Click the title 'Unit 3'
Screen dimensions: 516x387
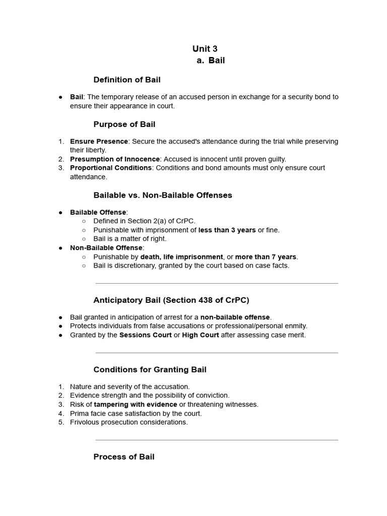coord(205,49)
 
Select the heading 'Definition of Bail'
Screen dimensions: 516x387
coord(127,80)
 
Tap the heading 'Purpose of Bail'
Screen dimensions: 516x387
coord(124,124)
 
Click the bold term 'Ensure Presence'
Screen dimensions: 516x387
coord(99,141)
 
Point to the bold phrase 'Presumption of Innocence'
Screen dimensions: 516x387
coord(115,159)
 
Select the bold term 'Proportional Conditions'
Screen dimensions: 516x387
coord(111,168)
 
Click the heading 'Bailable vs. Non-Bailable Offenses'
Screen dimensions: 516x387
coord(163,195)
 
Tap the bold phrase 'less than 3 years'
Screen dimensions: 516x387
coord(227,230)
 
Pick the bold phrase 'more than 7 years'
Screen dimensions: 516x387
coord(266,256)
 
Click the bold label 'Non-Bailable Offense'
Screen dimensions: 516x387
coord(106,247)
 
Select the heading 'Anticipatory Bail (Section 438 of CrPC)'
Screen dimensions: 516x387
coord(171,300)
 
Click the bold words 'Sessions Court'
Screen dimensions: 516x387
coord(145,335)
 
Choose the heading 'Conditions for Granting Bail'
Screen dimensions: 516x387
coord(150,370)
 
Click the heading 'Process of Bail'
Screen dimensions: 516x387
coord(124,457)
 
